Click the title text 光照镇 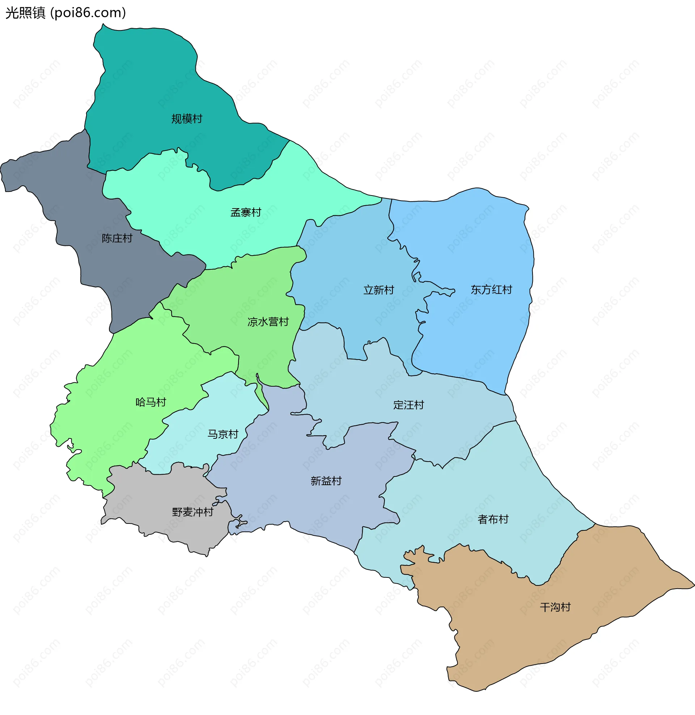tap(25, 13)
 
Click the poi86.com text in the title tap(88, 13)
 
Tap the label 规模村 tap(186, 119)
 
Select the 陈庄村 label tap(117, 239)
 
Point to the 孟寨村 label tap(246, 213)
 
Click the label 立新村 tap(379, 290)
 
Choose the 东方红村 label tap(491, 290)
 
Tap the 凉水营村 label tap(268, 322)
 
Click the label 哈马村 tap(151, 402)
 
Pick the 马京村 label tap(223, 434)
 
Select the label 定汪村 tap(408, 405)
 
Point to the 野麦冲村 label tap(192, 512)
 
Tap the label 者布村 tap(493, 520)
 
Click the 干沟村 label tap(555, 607)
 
